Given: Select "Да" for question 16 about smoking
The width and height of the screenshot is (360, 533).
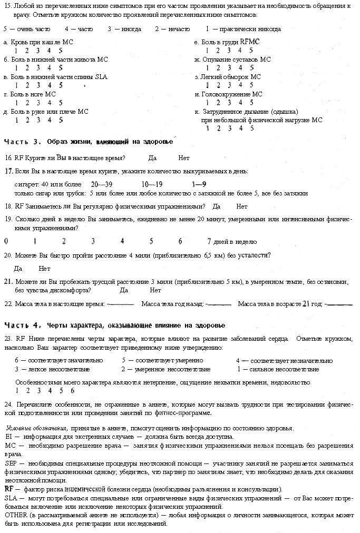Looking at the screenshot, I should tap(152, 157).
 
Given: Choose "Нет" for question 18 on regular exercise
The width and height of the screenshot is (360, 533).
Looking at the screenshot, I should tap(242, 206).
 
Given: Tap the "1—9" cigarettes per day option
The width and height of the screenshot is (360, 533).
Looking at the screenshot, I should tap(199, 184).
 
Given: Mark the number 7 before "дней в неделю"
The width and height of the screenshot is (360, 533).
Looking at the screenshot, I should tap(209, 242).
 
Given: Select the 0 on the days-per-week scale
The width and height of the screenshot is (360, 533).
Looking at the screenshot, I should tap(6, 242).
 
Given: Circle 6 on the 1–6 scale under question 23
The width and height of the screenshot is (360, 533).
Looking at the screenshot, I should tap(72, 391).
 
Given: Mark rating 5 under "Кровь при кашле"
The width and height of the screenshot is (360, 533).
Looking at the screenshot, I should tap(61, 51).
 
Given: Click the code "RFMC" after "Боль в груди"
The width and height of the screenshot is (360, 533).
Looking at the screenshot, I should tap(250, 41).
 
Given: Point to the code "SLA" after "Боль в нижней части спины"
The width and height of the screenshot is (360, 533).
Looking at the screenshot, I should tap(101, 77).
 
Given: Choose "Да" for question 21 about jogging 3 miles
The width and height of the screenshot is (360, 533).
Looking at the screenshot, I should tap(124, 290).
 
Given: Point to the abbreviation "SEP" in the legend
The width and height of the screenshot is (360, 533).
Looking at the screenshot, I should tap(11, 463).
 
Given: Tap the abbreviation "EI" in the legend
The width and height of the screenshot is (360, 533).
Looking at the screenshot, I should tap(8, 437).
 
